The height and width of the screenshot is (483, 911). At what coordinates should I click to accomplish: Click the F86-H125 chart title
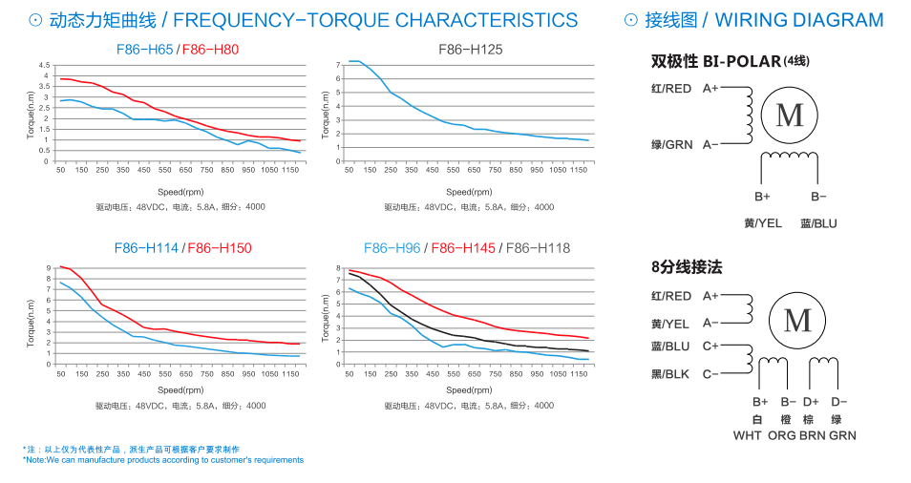point(470,49)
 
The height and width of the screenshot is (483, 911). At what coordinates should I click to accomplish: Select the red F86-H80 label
point(211,49)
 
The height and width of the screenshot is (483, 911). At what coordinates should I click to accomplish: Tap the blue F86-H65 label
point(146,49)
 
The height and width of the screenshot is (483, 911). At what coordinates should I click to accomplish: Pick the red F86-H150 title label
point(220,248)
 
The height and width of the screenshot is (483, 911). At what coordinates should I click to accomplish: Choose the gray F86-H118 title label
point(538,248)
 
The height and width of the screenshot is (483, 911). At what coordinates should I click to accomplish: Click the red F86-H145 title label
point(463,248)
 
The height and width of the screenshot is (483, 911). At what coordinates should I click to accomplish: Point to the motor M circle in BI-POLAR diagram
point(790,115)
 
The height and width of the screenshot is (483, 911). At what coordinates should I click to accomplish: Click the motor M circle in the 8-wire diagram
point(797,321)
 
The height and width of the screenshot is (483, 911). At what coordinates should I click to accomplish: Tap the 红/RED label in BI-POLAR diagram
point(671,89)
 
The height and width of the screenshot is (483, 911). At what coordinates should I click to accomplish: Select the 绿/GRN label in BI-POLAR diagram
point(671,145)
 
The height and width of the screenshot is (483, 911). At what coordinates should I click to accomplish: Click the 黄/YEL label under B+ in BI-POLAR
point(763,223)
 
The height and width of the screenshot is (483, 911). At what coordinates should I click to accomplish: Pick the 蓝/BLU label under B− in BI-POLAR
point(818,223)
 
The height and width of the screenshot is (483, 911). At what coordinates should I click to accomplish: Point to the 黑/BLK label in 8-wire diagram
point(670,374)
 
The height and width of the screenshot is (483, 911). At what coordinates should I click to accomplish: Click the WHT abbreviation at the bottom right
point(748,435)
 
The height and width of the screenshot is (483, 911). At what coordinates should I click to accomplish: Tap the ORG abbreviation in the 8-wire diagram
point(782,435)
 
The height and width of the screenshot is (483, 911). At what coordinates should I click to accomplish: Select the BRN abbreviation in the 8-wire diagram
point(813,435)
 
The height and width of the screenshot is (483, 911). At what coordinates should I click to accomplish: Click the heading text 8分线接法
point(687,266)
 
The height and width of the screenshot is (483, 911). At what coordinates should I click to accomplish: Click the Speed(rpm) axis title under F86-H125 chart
point(468,192)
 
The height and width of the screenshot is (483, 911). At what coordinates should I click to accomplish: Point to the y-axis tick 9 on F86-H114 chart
point(50,268)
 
